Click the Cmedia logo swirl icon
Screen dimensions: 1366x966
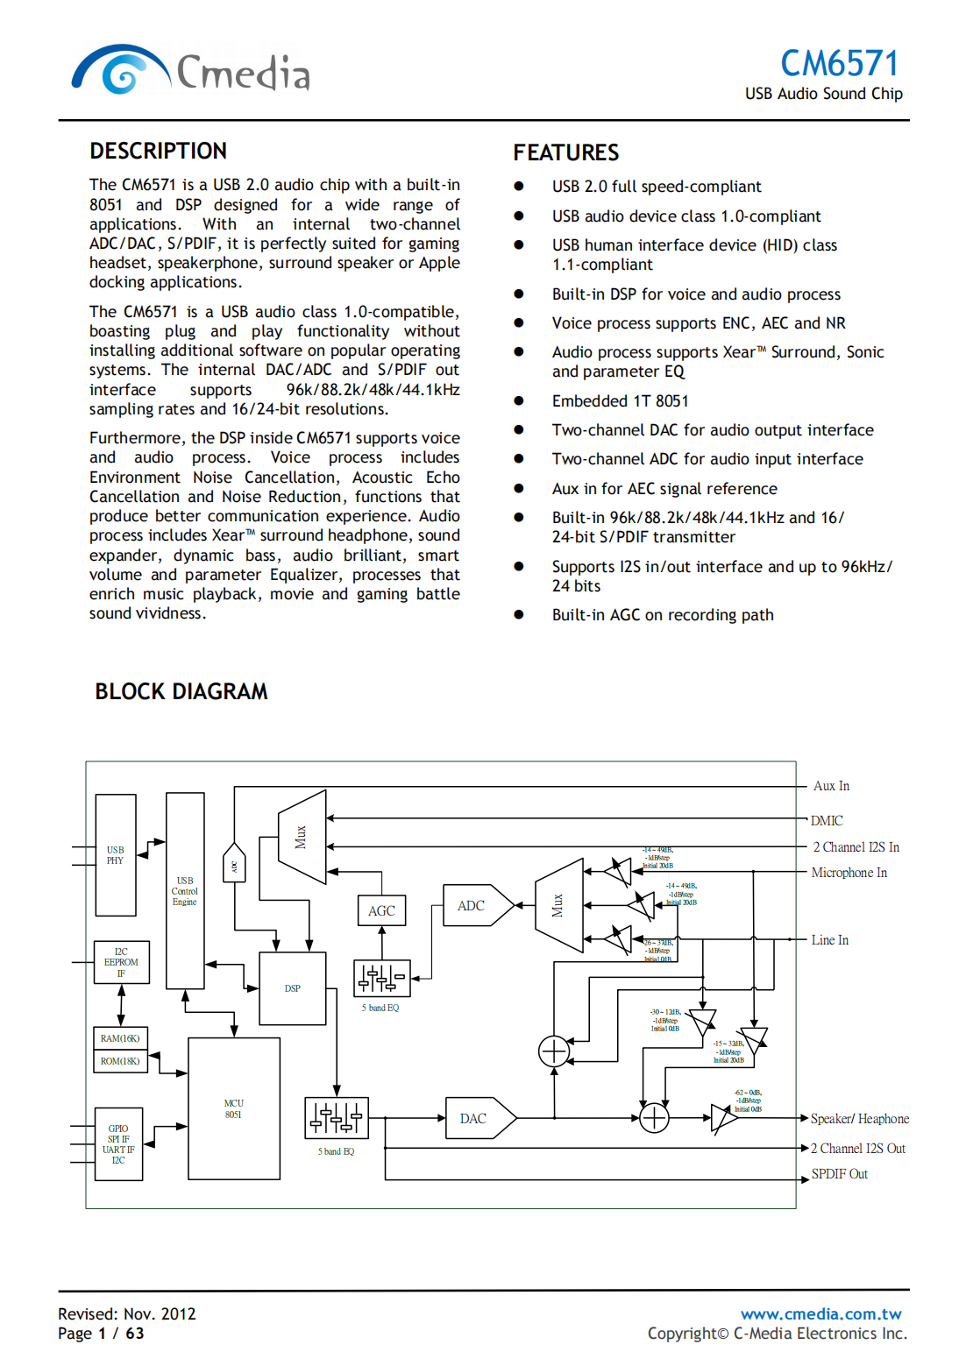(120, 70)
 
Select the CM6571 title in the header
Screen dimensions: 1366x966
(839, 63)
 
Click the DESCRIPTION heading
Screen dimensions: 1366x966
(158, 151)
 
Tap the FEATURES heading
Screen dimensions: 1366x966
(565, 152)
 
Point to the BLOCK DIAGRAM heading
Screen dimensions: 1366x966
(181, 691)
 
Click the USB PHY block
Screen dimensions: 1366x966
(116, 855)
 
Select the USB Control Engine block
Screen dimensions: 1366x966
(185, 890)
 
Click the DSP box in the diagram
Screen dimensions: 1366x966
(293, 988)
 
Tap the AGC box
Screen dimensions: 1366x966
(381, 910)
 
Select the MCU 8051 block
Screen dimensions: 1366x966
(234, 1108)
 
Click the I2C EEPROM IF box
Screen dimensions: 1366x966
(121, 962)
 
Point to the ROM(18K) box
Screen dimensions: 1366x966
(120, 1061)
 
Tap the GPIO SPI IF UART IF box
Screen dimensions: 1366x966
(118, 1144)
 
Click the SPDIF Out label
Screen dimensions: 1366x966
(839, 1174)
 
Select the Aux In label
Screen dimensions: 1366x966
(831, 786)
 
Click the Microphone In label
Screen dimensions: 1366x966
(849, 873)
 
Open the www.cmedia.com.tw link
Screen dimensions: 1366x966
(820, 1313)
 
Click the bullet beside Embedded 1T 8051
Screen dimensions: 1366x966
(519, 400)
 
